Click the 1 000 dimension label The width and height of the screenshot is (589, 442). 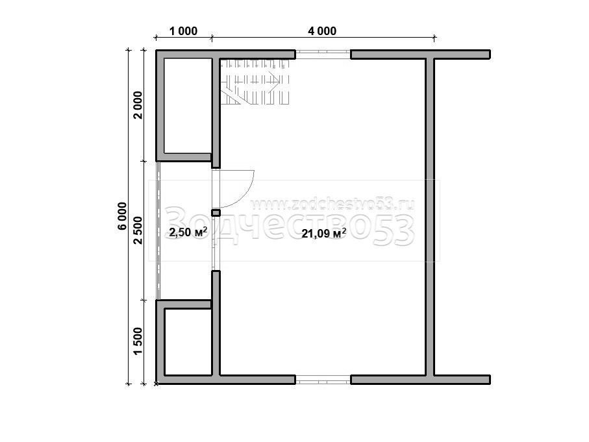tap(183, 31)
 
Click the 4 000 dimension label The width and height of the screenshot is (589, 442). tap(322, 31)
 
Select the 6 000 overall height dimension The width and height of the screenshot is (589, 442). tap(123, 216)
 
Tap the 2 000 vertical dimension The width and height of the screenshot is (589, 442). tap(138, 104)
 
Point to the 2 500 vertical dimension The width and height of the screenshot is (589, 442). tap(138, 230)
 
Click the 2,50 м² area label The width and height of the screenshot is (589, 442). tap(188, 232)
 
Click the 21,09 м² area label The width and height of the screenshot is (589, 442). tap(323, 234)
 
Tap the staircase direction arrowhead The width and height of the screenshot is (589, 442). tap(277, 80)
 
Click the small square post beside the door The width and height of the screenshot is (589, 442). tap(216, 213)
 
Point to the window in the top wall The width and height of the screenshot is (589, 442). tap(323, 55)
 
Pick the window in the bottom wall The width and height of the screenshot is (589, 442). tap(323, 380)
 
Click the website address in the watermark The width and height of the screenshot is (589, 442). tap(332, 204)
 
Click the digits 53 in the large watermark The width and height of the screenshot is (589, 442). tap(394, 230)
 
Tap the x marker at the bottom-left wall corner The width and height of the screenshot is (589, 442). tap(157, 384)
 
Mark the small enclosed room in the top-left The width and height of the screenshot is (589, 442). tap(188, 106)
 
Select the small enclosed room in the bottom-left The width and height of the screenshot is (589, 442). tap(188, 342)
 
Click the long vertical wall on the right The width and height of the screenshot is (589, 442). tap(430, 217)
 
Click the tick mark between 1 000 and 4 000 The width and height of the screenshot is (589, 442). tap(212, 37)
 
